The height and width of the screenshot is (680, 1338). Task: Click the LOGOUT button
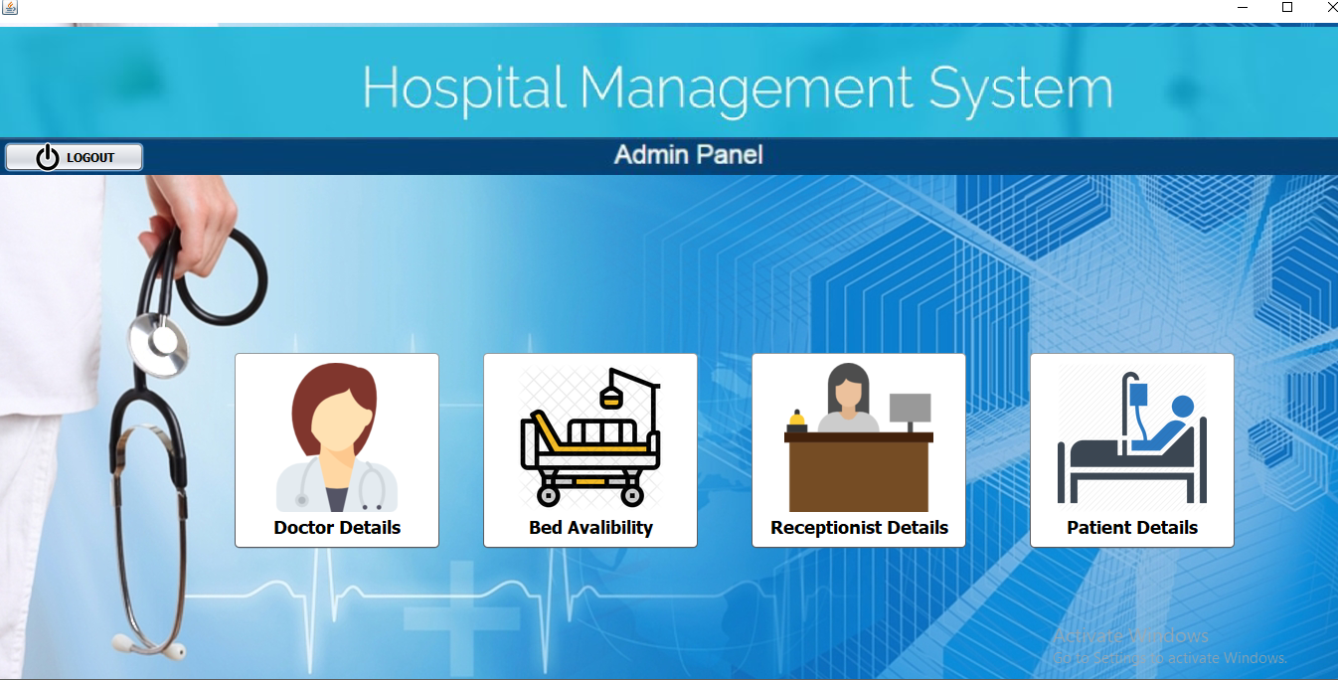click(75, 157)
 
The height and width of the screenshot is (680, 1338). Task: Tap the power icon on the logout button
click(48, 157)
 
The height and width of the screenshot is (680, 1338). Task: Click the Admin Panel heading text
click(688, 155)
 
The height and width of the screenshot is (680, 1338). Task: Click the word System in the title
click(1021, 89)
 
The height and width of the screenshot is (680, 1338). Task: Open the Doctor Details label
click(337, 528)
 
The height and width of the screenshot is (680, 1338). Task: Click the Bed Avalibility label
click(590, 528)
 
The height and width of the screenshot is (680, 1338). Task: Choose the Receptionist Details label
click(859, 528)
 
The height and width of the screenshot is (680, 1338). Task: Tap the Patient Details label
click(1132, 528)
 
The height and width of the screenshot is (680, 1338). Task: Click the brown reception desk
click(859, 471)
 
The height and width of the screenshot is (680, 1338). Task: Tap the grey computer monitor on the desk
click(910, 408)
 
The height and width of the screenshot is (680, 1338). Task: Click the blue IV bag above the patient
click(1137, 394)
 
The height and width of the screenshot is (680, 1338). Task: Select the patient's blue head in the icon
click(1182, 407)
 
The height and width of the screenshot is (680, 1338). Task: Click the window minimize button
click(1243, 7)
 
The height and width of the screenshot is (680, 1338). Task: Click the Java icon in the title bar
click(10, 8)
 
